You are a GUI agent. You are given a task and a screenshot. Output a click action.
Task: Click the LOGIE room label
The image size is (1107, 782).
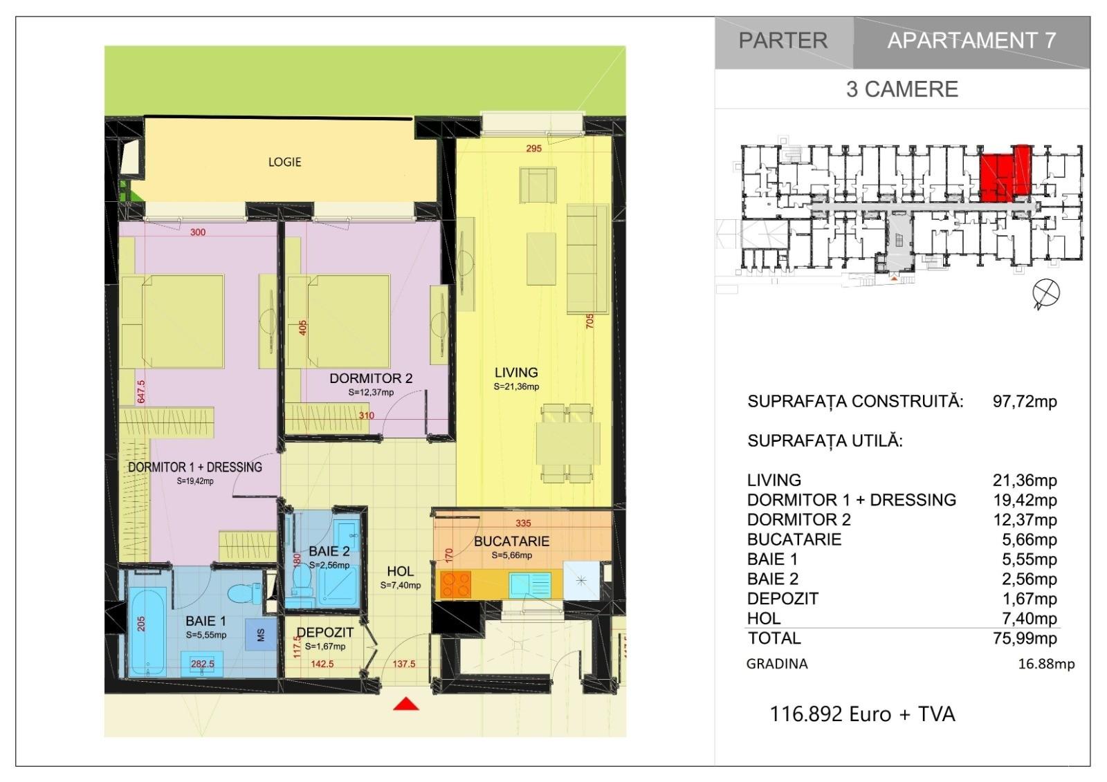tap(284, 162)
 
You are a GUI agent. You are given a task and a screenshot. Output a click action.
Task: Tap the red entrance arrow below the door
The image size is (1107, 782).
tap(405, 704)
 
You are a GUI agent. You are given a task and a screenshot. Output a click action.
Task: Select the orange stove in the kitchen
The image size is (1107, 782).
tap(455, 584)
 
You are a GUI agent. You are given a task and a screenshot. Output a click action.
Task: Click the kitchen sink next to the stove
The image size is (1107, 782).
tap(530, 584)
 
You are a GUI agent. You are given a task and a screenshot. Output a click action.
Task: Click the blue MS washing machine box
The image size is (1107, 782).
tap(261, 635)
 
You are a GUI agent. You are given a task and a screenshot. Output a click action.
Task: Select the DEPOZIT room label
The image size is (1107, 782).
tap(325, 633)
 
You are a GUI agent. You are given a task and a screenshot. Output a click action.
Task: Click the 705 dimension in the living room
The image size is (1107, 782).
tap(589, 322)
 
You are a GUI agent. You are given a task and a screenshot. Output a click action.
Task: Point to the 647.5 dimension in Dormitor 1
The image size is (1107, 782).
tap(141, 391)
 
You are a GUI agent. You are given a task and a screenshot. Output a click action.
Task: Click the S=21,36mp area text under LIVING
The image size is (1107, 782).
tap(516, 387)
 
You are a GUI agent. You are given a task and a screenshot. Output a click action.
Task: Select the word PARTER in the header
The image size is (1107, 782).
tap(783, 41)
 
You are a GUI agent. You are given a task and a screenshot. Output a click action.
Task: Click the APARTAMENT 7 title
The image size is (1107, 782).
tap(971, 41)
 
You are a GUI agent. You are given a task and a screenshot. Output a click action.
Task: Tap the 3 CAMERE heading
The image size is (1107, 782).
tap(902, 89)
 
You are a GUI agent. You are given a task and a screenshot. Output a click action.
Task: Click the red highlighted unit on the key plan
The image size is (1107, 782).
tap(1005, 174)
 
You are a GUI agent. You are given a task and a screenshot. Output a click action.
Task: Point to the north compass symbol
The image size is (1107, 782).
tap(1045, 293)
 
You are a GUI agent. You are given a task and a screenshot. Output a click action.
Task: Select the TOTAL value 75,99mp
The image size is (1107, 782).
tap(1025, 638)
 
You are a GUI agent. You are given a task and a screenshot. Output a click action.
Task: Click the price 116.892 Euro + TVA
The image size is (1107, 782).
tap(862, 714)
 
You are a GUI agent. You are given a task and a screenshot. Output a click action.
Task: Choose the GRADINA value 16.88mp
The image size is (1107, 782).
tap(1046, 664)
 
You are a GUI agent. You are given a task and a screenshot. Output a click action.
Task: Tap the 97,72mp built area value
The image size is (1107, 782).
tap(1025, 401)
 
